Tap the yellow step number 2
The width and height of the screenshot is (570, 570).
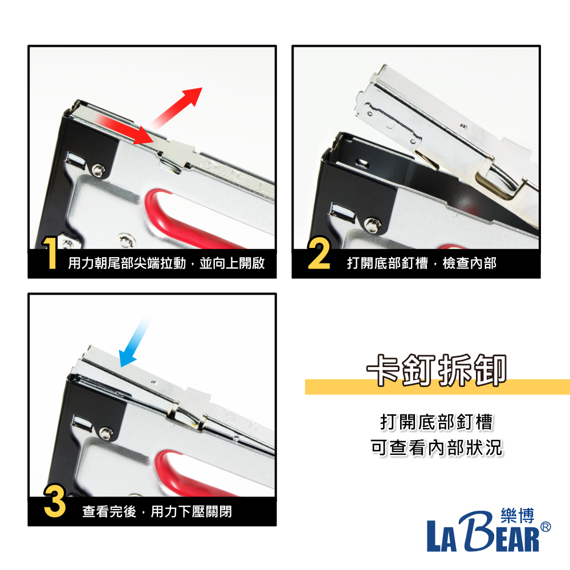(x=319, y=253)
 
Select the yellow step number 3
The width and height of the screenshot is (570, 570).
(x=55, y=500)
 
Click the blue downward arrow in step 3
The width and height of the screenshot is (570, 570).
(x=134, y=341)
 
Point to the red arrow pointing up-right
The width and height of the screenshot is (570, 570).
(x=177, y=107)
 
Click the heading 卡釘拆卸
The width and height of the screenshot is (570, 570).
(x=436, y=370)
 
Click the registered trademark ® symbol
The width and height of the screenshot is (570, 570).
(x=545, y=527)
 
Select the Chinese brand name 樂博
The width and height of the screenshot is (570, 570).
(x=518, y=516)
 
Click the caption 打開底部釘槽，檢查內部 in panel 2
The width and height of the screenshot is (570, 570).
(x=422, y=263)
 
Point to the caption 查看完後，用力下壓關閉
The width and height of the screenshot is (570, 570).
(x=157, y=511)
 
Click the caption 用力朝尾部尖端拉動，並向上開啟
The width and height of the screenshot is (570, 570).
(x=166, y=263)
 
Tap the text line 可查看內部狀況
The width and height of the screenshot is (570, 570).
(x=436, y=447)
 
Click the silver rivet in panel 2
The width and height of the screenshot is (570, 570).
(x=371, y=225)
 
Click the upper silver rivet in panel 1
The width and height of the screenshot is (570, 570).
(x=98, y=170)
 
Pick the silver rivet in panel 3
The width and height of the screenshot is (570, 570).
(x=106, y=433)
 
